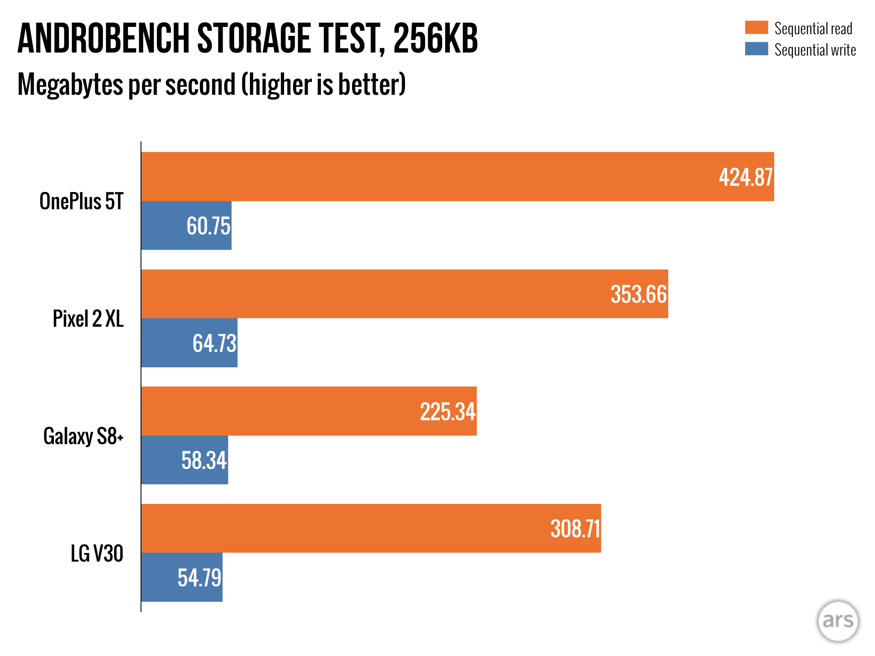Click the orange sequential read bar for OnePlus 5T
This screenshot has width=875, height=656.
tap(427, 176)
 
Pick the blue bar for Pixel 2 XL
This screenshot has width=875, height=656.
tap(167, 343)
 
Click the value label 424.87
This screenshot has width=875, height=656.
tap(746, 177)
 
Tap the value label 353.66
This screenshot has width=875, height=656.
tap(639, 294)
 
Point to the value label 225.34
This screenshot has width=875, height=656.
tap(447, 412)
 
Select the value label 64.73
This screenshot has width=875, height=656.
tap(214, 343)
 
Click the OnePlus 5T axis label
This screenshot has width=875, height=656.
tap(81, 201)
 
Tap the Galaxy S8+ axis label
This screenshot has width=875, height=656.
tap(83, 436)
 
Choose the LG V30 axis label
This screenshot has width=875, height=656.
tap(97, 553)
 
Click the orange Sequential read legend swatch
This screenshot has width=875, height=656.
tap(756, 27)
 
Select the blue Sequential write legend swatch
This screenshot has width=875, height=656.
tap(756, 49)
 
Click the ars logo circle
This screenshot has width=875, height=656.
tap(838, 621)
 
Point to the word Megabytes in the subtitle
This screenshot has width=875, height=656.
tap(71, 85)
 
